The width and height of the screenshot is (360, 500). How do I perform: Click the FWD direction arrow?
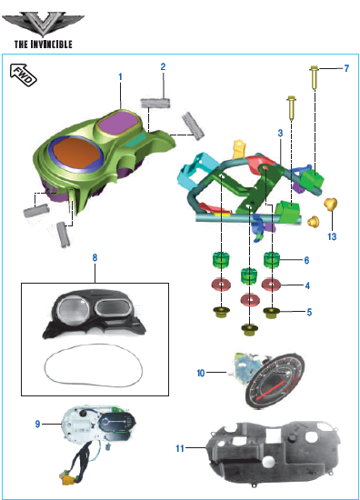[x=24, y=75]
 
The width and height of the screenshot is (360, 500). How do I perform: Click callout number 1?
[x=120, y=76]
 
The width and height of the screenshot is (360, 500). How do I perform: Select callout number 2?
[x=163, y=66]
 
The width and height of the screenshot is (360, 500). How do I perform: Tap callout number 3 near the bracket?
[x=280, y=133]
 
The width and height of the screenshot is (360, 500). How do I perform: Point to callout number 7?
[x=346, y=68]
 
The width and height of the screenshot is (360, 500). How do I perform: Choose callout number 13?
[x=332, y=236]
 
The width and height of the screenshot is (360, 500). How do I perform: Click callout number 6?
[x=306, y=260]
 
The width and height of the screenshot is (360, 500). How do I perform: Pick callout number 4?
[x=307, y=285]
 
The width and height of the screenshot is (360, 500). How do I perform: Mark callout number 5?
[x=309, y=312]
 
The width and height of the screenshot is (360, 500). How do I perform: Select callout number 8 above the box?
[x=95, y=257]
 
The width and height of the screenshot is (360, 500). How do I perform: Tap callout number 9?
[x=37, y=424]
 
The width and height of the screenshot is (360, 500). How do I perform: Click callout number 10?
[x=201, y=373]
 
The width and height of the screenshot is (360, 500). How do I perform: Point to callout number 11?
[x=180, y=448]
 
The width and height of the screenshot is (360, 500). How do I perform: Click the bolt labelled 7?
[x=315, y=77]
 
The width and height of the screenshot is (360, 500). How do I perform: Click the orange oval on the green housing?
[x=76, y=154]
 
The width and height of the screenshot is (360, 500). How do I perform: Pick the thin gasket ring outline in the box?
[x=93, y=365]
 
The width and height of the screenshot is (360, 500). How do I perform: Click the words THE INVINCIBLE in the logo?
[x=44, y=44]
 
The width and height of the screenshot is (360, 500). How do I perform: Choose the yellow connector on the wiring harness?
[x=68, y=480]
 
